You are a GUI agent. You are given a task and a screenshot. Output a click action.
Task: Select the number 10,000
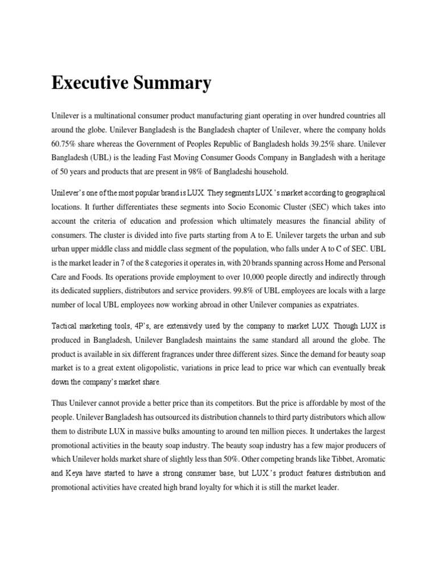pyautogui.click(x=233, y=277)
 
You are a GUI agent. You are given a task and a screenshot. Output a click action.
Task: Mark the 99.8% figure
pyautogui.click(x=234, y=291)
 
